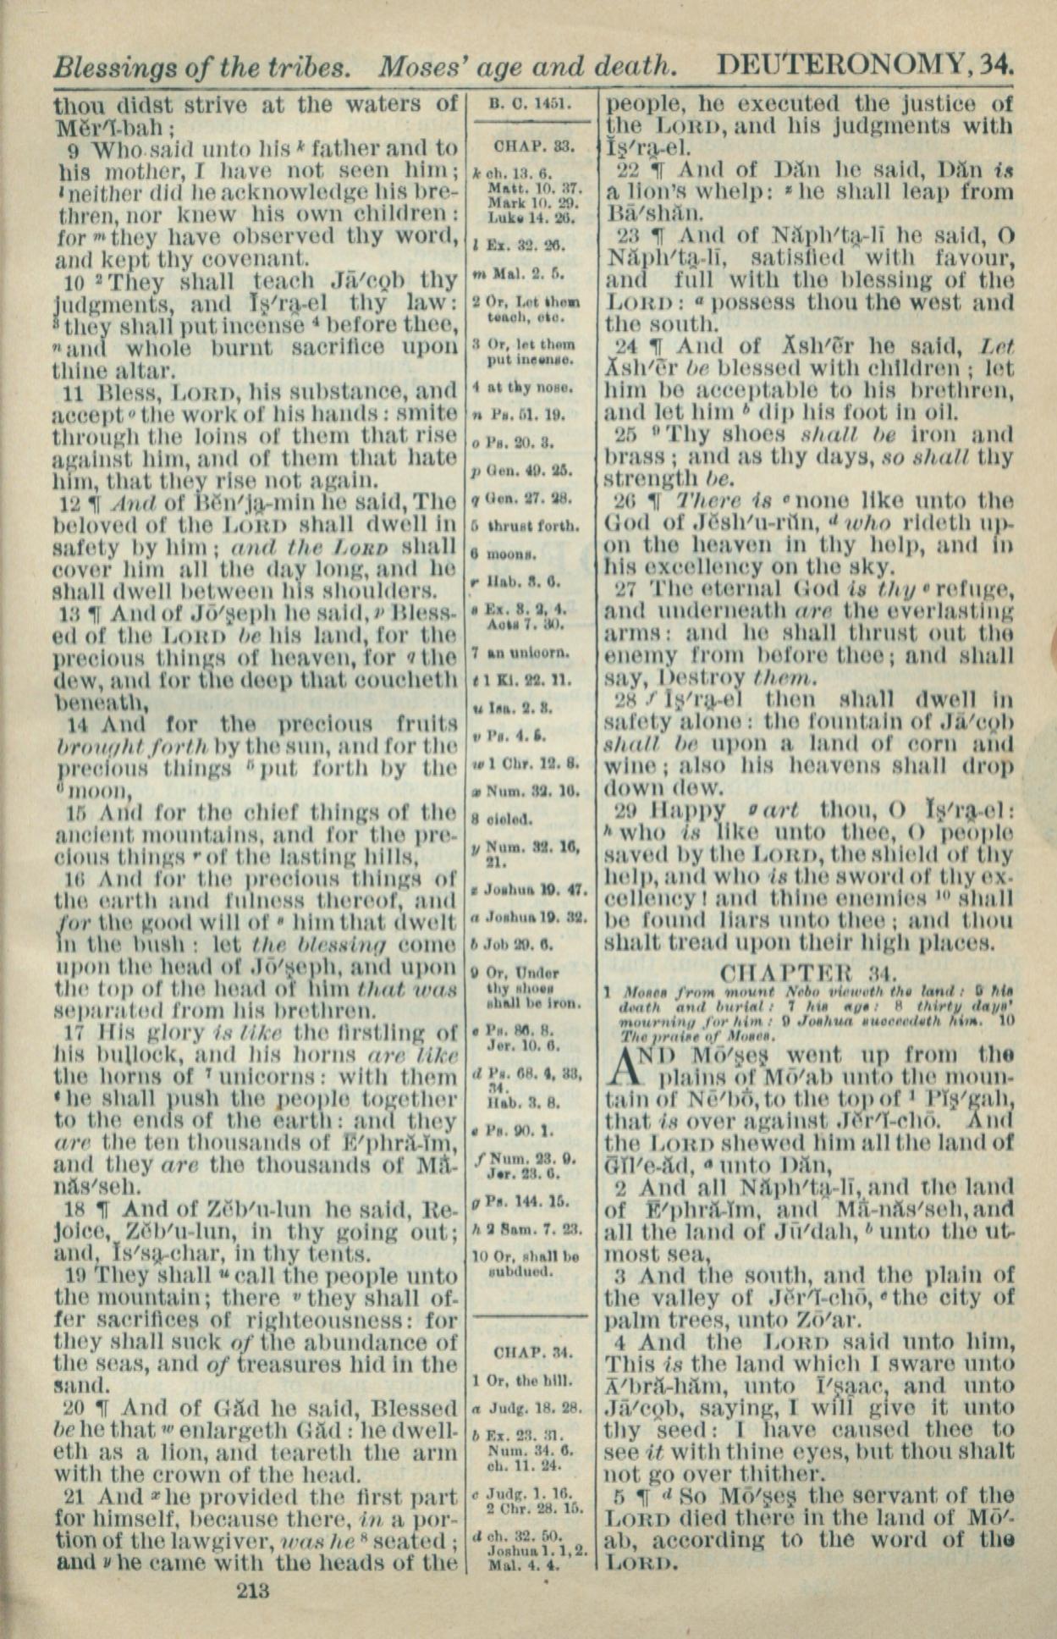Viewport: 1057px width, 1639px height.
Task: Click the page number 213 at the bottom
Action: [253, 1590]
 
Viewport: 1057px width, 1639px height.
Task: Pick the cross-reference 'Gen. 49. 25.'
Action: [525, 470]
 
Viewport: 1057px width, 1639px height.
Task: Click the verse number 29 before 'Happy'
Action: [625, 809]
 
